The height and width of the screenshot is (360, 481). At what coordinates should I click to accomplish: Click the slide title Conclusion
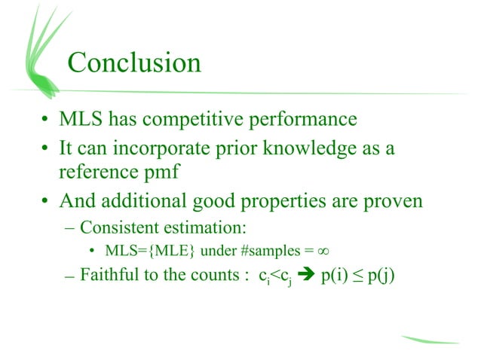tap(134, 63)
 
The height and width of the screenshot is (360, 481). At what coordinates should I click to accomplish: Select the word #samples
tap(267, 250)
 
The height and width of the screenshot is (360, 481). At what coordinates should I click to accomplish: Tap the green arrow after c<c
tap(305, 275)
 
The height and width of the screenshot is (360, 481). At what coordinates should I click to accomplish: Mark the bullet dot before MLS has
tap(47, 121)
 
